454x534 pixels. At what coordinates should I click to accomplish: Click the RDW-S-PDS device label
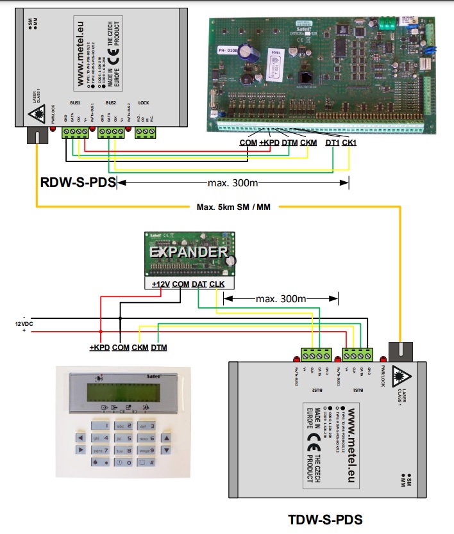click(78, 184)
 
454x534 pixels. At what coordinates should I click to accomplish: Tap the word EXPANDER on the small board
click(189, 252)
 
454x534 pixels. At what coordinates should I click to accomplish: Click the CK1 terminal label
click(349, 143)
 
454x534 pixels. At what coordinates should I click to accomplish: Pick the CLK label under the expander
click(217, 284)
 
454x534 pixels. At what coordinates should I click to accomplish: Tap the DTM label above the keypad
click(158, 348)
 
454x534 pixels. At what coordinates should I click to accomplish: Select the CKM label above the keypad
click(140, 348)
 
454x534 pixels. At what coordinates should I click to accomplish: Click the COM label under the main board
click(248, 143)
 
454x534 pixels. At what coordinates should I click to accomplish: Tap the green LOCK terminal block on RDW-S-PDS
click(146, 133)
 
